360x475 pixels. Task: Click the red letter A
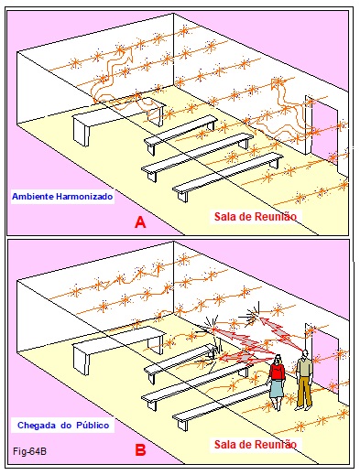tap(140, 221)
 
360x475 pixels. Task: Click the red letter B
tap(140, 450)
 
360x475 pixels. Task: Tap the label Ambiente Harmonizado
tap(62, 196)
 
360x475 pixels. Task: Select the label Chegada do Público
tap(63, 425)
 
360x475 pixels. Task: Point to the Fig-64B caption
tap(29, 451)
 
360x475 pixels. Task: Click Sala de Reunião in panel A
tap(256, 216)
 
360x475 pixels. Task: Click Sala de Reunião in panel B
tap(256, 444)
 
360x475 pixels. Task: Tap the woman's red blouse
tap(278, 372)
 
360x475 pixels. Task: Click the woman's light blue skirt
tap(278, 388)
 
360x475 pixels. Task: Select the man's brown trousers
tap(304, 392)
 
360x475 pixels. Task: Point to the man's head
tap(305, 353)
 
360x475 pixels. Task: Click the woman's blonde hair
tap(278, 360)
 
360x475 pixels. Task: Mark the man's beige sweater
tap(304, 367)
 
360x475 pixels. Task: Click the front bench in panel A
tap(227, 176)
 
